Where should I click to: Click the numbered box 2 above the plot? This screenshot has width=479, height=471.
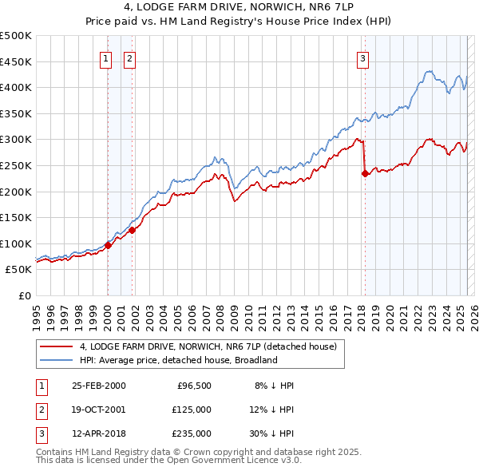(x=129, y=57)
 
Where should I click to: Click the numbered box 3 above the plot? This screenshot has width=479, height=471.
(x=363, y=57)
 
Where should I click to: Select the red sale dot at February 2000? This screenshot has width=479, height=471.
(x=108, y=245)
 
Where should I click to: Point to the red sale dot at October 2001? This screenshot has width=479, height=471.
(x=132, y=230)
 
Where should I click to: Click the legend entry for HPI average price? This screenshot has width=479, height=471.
(x=178, y=360)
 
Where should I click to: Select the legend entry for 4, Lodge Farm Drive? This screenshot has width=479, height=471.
(x=208, y=346)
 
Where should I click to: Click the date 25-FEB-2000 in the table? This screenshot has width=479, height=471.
(x=98, y=386)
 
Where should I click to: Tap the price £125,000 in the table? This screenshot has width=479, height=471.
(x=192, y=410)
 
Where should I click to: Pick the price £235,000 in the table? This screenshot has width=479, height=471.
(x=192, y=433)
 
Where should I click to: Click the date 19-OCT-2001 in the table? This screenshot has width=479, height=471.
(x=98, y=410)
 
